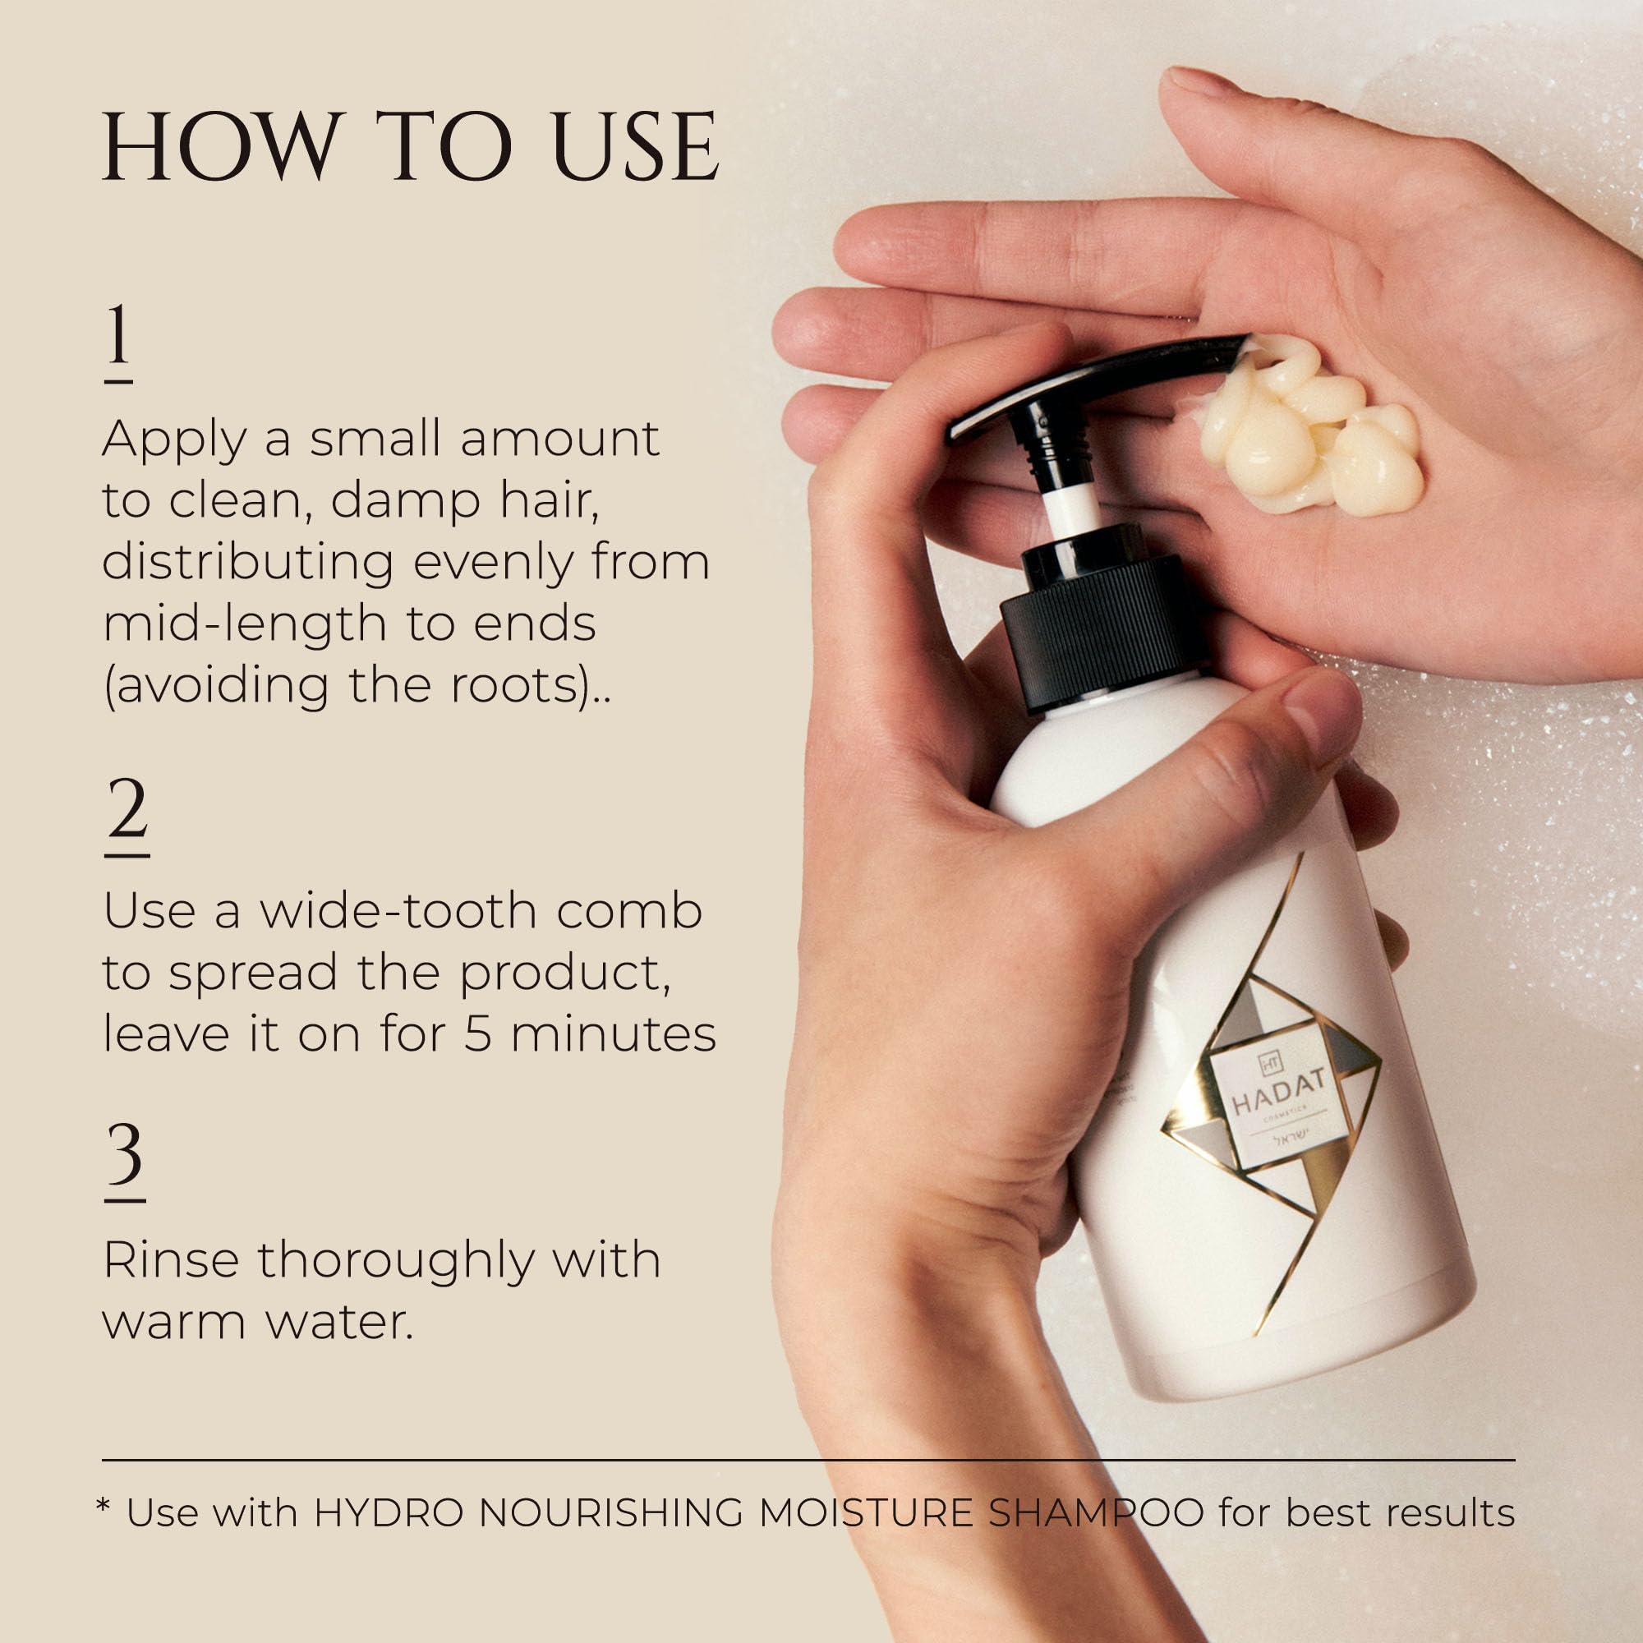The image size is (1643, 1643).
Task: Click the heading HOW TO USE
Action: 411,146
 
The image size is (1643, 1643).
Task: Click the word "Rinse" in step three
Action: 172,1259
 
